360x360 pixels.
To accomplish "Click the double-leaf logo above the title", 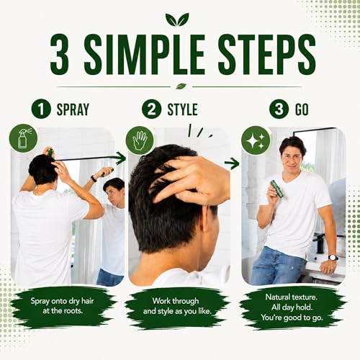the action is point(177,19).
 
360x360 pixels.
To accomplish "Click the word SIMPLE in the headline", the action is point(145,55).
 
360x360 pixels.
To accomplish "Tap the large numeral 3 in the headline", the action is point(59,55).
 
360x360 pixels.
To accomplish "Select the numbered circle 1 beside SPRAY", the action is point(41,109).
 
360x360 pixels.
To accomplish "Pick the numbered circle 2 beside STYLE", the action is point(151,109).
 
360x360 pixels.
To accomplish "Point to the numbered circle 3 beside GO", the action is point(279,109).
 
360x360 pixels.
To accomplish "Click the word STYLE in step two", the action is point(182,109).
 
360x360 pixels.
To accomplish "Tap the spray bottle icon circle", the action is point(24,138).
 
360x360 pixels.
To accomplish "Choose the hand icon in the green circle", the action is point(140,140).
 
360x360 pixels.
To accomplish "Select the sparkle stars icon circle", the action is point(256,140).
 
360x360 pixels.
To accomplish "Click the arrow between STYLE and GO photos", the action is point(232,163).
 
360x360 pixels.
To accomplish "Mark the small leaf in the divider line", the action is point(181,86).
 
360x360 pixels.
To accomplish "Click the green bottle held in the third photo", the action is point(277,189).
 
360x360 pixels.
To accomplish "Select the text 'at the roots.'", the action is point(63,311).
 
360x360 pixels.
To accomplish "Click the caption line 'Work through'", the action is point(176,301).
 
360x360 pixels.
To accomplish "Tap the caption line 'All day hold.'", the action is point(292,307).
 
